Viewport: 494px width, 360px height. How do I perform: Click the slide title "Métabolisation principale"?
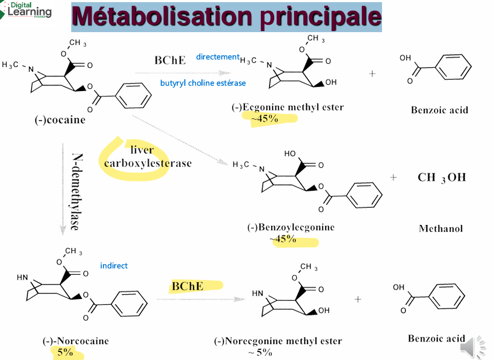pyautogui.click(x=227, y=17)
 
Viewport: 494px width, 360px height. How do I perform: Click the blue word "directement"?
pyautogui.click(x=218, y=57)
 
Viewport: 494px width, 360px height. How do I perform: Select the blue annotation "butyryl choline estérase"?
pyautogui.click(x=203, y=83)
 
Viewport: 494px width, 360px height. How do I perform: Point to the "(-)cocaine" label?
pyautogui.click(x=60, y=119)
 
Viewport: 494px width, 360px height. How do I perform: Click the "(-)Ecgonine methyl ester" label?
pyautogui.click(x=288, y=107)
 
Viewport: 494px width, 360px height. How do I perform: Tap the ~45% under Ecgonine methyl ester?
pyautogui.click(x=265, y=119)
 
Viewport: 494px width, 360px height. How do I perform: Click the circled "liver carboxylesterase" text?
pyautogui.click(x=147, y=156)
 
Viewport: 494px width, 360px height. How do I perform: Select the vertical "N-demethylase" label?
pyautogui.click(x=77, y=191)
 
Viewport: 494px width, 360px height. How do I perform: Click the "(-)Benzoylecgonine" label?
pyautogui.click(x=291, y=227)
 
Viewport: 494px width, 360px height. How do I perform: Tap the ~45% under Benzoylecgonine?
pyautogui.click(x=283, y=239)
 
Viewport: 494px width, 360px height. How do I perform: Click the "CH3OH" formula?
pyautogui.click(x=441, y=178)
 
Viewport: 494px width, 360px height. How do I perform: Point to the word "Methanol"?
pyautogui.click(x=441, y=228)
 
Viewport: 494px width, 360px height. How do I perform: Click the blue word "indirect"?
pyautogui.click(x=114, y=266)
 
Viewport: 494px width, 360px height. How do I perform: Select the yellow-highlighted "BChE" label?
pyautogui.click(x=188, y=286)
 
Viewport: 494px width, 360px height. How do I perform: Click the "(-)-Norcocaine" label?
pyautogui.click(x=76, y=341)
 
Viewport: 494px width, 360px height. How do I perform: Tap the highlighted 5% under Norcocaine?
pyautogui.click(x=65, y=352)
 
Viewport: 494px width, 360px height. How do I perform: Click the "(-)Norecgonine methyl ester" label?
pyautogui.click(x=278, y=341)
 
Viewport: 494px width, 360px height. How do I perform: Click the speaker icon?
pyautogui.click(x=472, y=347)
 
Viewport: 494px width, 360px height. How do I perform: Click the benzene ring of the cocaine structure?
pyautogui.click(x=133, y=95)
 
